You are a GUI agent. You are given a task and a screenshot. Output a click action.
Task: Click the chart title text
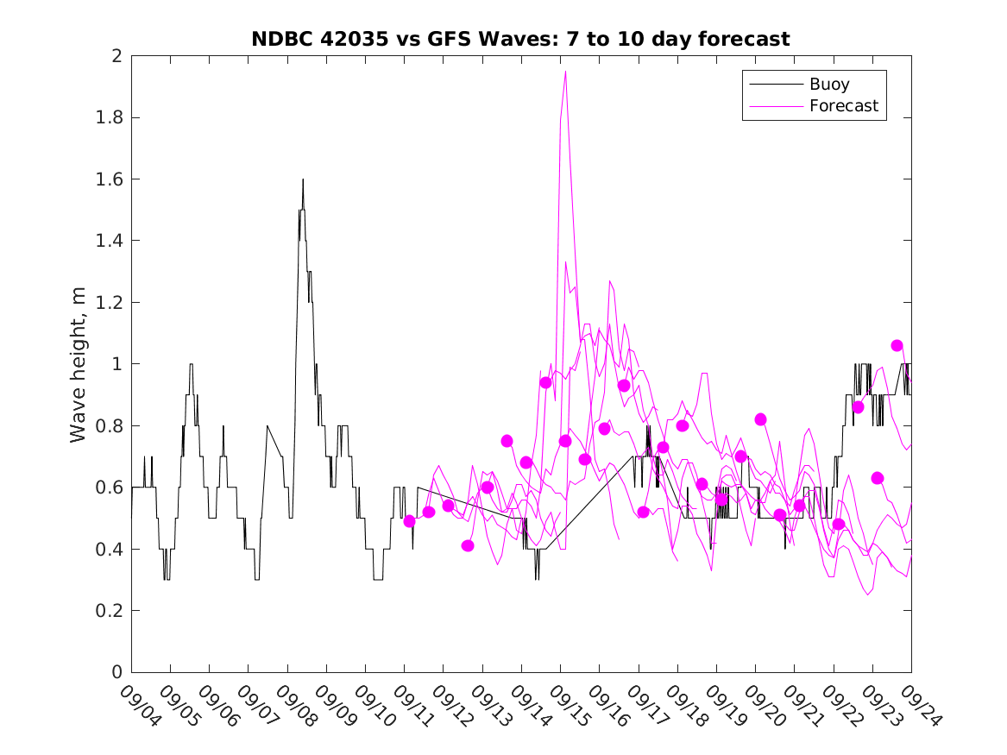[520, 39]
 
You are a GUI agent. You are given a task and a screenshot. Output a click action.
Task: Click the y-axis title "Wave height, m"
[79, 365]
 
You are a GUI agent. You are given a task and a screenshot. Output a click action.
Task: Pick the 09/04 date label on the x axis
[139, 705]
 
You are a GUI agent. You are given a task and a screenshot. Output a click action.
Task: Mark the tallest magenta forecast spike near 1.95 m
[565, 72]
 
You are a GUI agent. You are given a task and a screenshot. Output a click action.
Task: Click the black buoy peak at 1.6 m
[303, 179]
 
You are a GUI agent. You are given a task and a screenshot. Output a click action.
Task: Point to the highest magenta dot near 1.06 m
[897, 345]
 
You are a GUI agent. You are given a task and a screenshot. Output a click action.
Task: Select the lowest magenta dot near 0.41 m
[468, 545]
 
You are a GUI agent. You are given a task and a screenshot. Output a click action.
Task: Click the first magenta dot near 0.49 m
[409, 521]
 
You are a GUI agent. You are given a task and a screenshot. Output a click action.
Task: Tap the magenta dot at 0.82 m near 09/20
[760, 419]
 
